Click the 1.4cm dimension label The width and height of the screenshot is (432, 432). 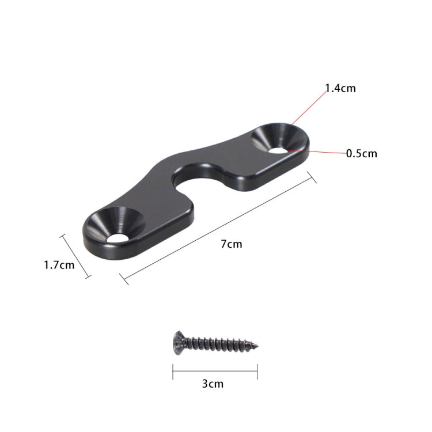pos(340,88)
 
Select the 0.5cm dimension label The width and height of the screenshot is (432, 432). pos(361,153)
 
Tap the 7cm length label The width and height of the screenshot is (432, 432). pos(231,244)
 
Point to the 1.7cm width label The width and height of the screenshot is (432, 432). pos(59,265)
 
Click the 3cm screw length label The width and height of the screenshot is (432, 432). pos(213,383)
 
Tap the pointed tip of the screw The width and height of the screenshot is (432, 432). pos(256,347)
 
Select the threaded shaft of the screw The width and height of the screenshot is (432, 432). pos(219,345)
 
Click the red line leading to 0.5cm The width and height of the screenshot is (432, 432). pos(317,151)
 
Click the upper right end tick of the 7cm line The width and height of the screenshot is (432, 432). pos(313,177)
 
